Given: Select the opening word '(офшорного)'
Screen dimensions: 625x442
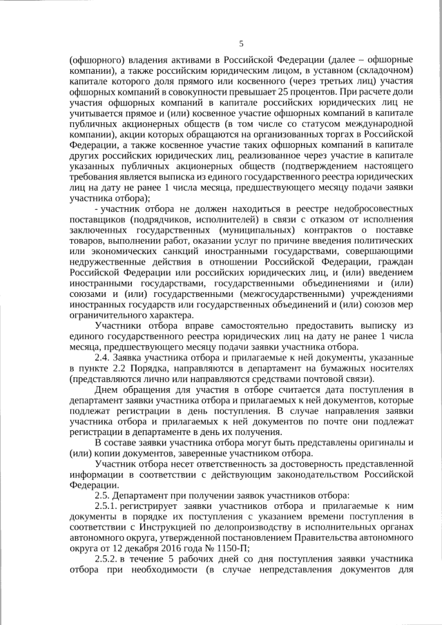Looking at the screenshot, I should (x=95, y=59).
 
